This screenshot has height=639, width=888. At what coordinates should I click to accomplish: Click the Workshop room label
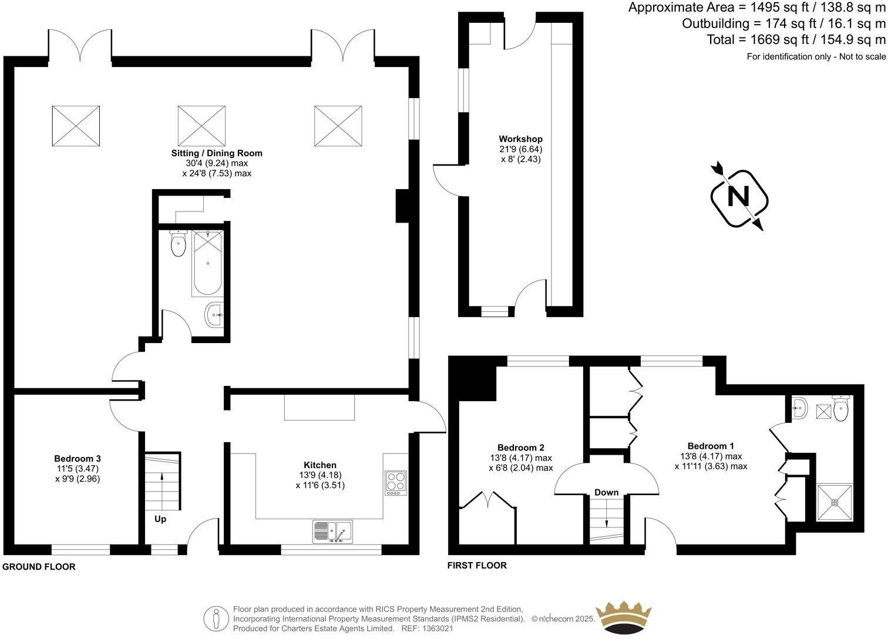pyautogui.click(x=520, y=139)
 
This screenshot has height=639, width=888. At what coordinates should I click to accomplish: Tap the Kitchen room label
pyautogui.click(x=319, y=465)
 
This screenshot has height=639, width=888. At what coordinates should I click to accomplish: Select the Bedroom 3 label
pyautogui.click(x=78, y=459)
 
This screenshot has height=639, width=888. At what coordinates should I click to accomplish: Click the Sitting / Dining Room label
pyautogui.click(x=217, y=153)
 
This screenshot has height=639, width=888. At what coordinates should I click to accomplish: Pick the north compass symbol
pyautogui.click(x=739, y=197)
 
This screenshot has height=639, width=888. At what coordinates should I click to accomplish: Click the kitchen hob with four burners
pyautogui.click(x=396, y=483)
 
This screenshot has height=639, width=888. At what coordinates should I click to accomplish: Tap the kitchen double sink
pyautogui.click(x=332, y=531)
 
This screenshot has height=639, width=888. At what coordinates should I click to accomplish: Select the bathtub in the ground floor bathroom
pyautogui.click(x=207, y=264)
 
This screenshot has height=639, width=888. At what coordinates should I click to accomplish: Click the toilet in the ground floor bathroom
pyautogui.click(x=178, y=244)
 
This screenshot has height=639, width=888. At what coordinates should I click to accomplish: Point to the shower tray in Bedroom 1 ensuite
pyautogui.click(x=834, y=502)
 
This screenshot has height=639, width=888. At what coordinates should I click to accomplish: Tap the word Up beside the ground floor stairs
pyautogui.click(x=160, y=519)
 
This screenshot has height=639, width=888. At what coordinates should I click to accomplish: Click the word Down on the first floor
pyautogui.click(x=606, y=492)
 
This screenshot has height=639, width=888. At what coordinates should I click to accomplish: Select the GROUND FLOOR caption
pyautogui.click(x=39, y=567)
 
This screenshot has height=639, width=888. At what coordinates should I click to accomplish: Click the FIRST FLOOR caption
pyautogui.click(x=477, y=566)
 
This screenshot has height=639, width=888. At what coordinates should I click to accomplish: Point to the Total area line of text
pyautogui.click(x=796, y=40)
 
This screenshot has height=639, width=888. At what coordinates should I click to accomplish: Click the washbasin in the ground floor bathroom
pyautogui.click(x=214, y=315)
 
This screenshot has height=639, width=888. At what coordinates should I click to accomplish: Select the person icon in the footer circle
pyautogui.click(x=216, y=618)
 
